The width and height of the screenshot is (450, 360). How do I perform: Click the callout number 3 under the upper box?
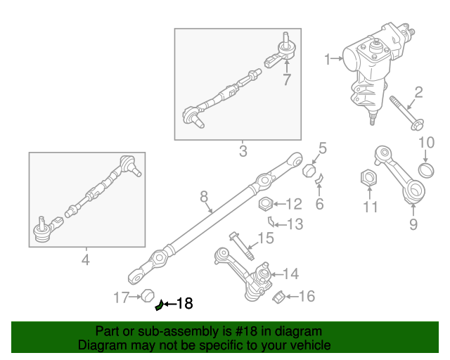[x=243, y=151]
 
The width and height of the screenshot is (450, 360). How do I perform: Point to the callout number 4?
[x=86, y=260]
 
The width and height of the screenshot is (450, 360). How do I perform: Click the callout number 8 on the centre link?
[x=204, y=196]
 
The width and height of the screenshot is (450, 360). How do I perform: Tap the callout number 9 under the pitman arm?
[x=413, y=224]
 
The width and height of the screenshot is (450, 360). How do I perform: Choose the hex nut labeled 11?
[x=366, y=178]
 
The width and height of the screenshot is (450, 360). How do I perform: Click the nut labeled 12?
[x=265, y=205]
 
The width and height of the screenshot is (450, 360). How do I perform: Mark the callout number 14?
[x=290, y=274]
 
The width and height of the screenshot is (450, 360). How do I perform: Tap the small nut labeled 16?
[x=277, y=297]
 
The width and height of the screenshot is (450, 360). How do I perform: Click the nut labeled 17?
[x=147, y=297]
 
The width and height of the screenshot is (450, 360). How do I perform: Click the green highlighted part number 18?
[x=160, y=304]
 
